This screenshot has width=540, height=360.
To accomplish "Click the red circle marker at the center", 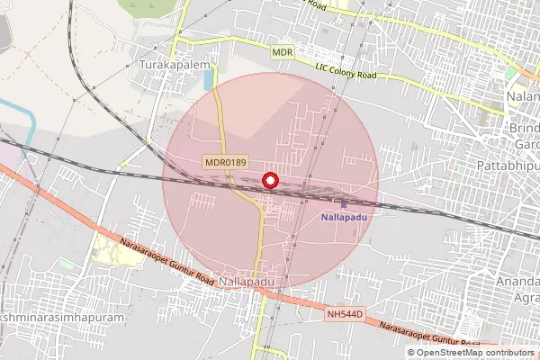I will click(269, 181).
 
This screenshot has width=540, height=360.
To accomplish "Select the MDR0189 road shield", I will click(224, 162).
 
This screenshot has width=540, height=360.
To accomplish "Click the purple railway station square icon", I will click(343, 204).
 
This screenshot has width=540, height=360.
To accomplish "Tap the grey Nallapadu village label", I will click(246, 282).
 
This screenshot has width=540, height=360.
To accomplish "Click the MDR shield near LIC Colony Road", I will click(283, 53).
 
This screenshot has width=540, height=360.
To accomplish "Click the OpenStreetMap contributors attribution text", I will click(475, 353).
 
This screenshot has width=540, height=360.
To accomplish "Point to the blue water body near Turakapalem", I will click(209, 79).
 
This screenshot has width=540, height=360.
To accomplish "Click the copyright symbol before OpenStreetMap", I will click(411, 353).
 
